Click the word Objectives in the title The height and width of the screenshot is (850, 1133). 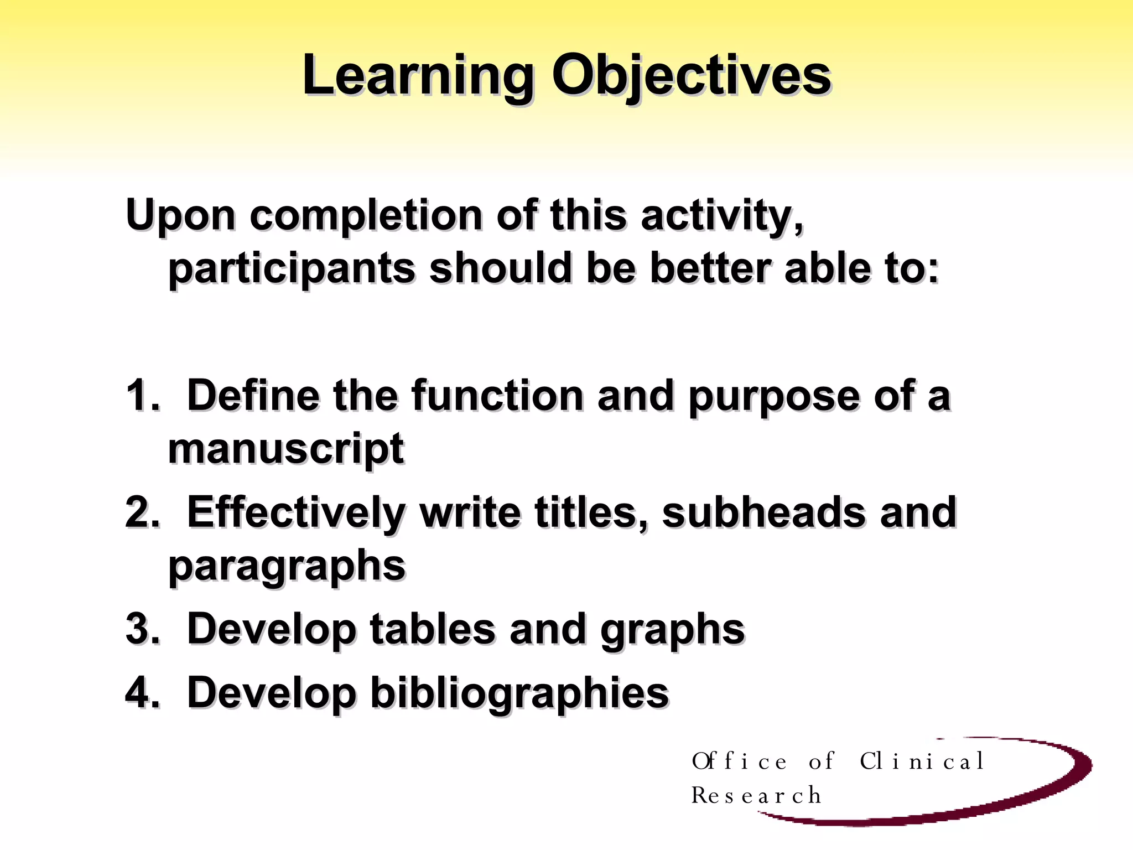(x=691, y=76)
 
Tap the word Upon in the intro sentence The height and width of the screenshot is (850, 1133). (x=180, y=216)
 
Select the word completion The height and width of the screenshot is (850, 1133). (x=366, y=216)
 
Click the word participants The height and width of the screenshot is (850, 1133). (x=292, y=269)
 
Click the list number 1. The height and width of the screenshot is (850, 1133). (x=141, y=395)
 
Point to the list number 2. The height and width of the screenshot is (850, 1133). (x=141, y=512)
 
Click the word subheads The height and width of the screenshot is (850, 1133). (x=763, y=512)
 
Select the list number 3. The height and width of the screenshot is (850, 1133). (x=141, y=629)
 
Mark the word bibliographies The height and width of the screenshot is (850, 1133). (x=519, y=693)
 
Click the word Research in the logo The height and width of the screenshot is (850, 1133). (x=756, y=796)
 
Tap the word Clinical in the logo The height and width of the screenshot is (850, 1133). (x=922, y=761)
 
